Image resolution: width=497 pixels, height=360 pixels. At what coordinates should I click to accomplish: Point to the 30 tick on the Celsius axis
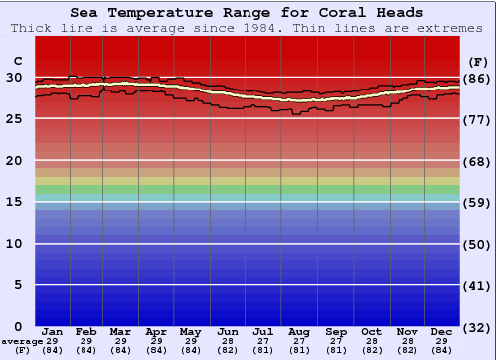pyautogui.click(x=15, y=77)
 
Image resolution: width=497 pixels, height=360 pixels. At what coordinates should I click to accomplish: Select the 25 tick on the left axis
pyautogui.click(x=15, y=118)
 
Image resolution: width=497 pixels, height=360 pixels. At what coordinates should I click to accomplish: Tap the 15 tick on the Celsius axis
pyautogui.click(x=15, y=202)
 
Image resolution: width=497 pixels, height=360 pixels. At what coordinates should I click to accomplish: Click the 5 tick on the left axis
pyautogui.click(x=15, y=285)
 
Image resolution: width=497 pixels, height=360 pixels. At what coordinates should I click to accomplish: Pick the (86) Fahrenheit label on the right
pyautogui.click(x=477, y=78)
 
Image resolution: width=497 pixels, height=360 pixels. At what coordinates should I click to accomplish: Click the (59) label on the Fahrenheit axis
pyautogui.click(x=477, y=202)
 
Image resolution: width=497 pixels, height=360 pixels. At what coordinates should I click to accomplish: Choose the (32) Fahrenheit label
pyautogui.click(x=477, y=327)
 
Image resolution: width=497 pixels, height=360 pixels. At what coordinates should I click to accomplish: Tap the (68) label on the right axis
pyautogui.click(x=477, y=161)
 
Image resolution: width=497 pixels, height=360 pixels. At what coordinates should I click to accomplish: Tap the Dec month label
pyautogui.click(x=442, y=331)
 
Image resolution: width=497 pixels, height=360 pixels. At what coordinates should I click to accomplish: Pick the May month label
pyautogui.click(x=191, y=331)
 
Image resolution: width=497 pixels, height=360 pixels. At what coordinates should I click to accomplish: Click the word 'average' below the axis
pyautogui.click(x=23, y=341)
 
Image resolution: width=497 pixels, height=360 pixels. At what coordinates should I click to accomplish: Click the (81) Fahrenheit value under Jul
pyautogui.click(x=263, y=350)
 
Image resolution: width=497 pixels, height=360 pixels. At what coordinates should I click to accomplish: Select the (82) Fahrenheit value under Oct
pyautogui.click(x=371, y=350)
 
